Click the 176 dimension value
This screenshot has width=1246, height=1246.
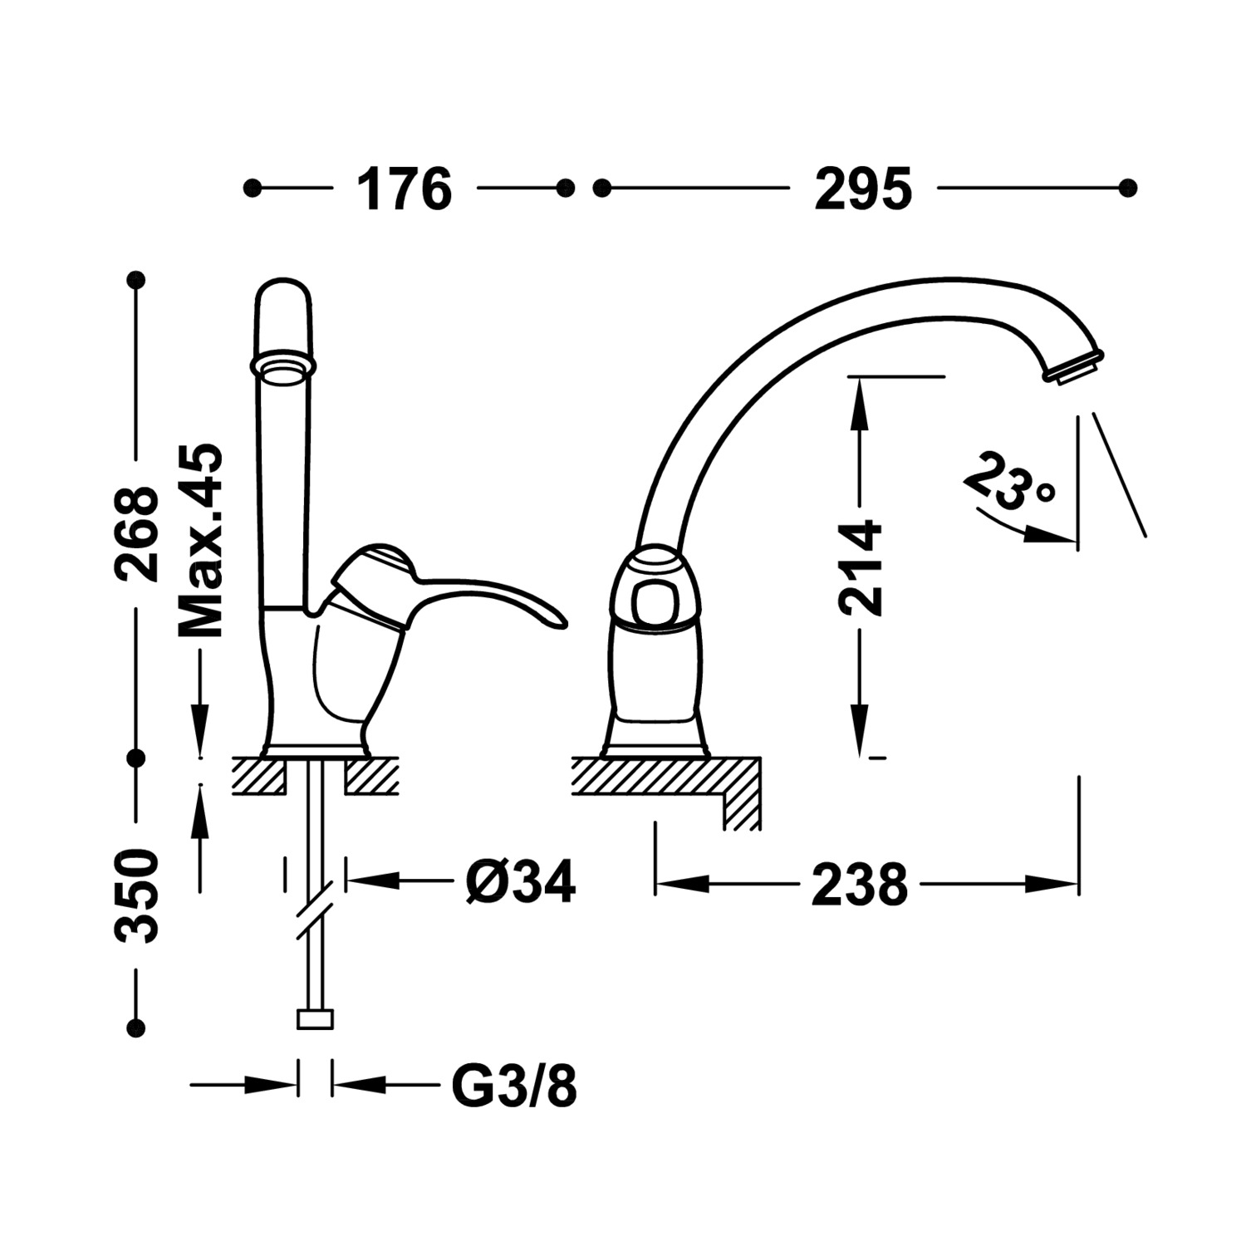pyautogui.click(x=404, y=189)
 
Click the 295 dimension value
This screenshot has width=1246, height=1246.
pyautogui.click(x=862, y=189)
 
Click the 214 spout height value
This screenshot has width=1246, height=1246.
pyautogui.click(x=860, y=568)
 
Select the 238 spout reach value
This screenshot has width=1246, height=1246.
pyautogui.click(x=859, y=884)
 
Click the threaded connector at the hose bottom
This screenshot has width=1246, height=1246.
pyautogui.click(x=315, y=1018)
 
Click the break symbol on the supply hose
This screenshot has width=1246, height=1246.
pyautogui.click(x=316, y=909)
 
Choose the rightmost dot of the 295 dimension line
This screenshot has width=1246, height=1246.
pyautogui.click(x=1127, y=189)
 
